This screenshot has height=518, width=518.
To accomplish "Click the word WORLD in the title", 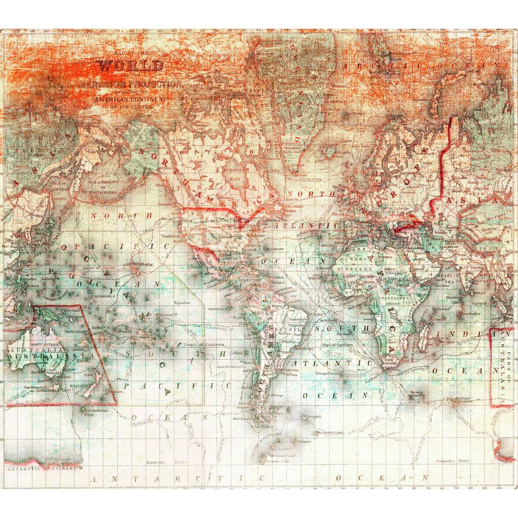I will point(131,66).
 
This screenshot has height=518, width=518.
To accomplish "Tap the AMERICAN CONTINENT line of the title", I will point(131,100).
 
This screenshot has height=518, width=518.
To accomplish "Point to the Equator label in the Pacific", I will point(182,302).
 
